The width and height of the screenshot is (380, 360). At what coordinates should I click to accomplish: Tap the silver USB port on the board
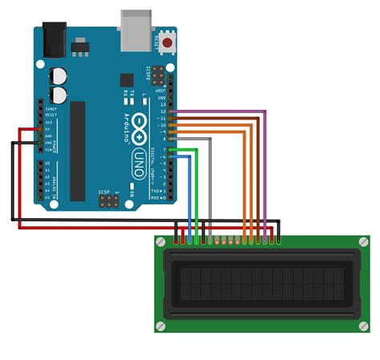[x=135, y=26]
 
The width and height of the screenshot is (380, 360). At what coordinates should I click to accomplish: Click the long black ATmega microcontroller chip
[x=77, y=152]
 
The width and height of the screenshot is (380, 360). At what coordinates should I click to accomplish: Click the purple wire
[x=265, y=160]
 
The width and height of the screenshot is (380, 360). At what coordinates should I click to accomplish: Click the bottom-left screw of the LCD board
[x=161, y=326]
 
